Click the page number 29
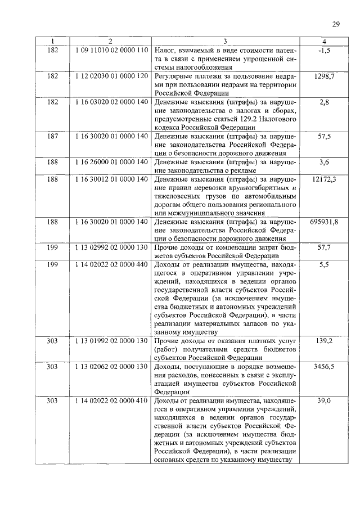[335, 23]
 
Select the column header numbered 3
[225, 41]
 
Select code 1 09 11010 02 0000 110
[111, 50]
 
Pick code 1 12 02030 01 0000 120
[111, 76]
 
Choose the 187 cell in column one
[52, 136]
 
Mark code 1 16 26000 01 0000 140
[111, 162]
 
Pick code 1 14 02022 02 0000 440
[111, 265]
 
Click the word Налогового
[273, 119]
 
